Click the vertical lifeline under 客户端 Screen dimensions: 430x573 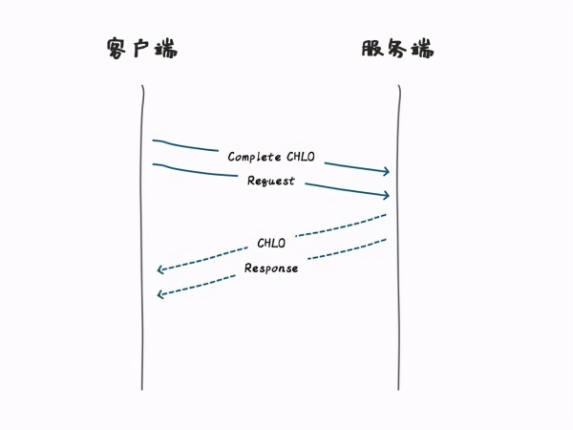[x=142, y=287]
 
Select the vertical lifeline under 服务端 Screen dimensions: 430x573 [x=398, y=287]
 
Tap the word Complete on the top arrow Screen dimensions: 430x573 [x=255, y=156]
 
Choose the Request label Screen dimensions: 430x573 [x=271, y=181]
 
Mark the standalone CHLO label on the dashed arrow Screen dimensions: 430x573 [x=271, y=243]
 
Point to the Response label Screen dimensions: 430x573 [x=271, y=268]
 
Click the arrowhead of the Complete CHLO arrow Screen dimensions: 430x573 [x=387, y=172]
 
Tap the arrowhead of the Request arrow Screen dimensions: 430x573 [x=387, y=196]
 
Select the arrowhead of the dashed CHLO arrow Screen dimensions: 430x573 [x=160, y=270]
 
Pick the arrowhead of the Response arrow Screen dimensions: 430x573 [x=160, y=294]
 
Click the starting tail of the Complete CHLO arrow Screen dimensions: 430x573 [x=154, y=140]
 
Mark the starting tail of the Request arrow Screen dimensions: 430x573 [x=154, y=164]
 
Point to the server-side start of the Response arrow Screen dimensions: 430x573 [x=385, y=239]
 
